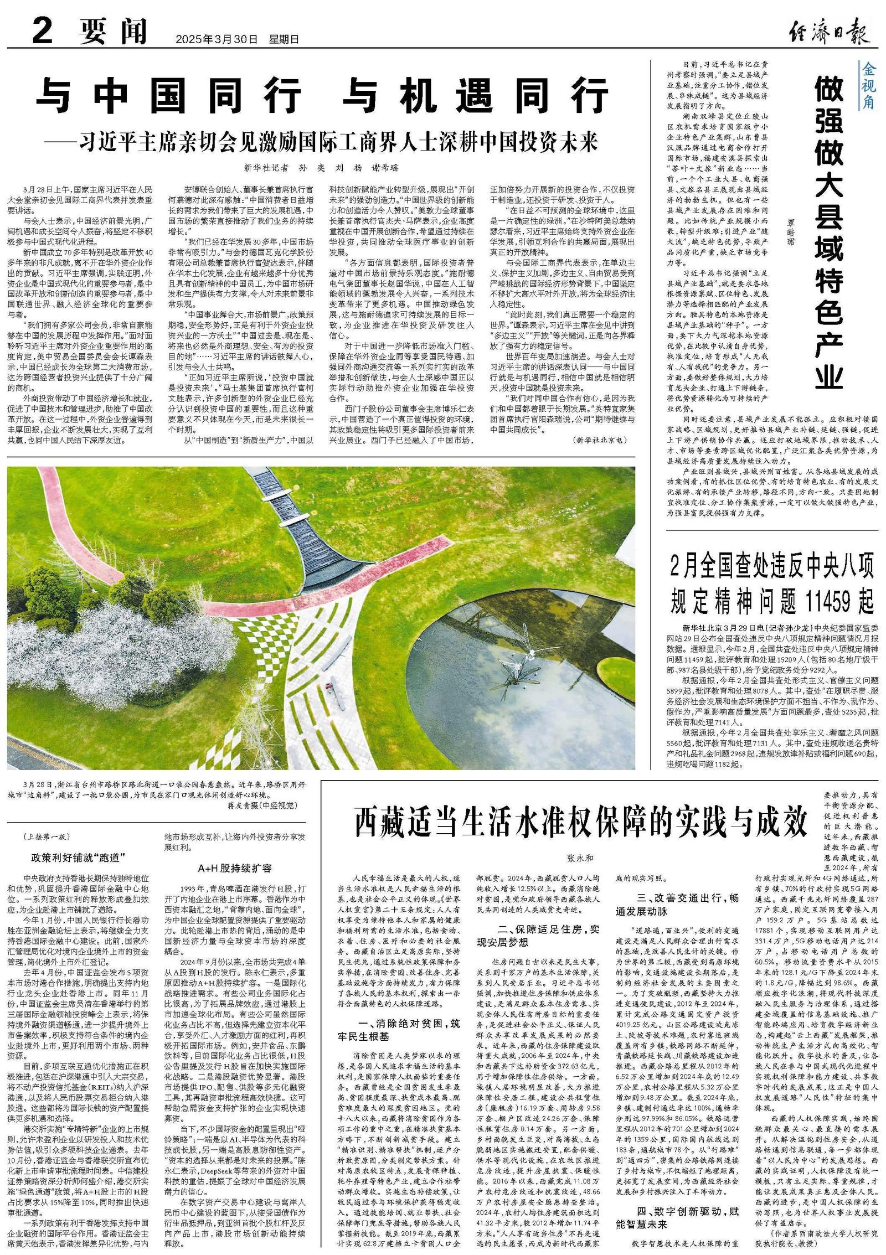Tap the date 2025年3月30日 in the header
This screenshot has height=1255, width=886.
coord(217,40)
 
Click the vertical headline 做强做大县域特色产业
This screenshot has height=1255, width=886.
coord(829,233)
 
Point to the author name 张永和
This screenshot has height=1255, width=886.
coord(580,858)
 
